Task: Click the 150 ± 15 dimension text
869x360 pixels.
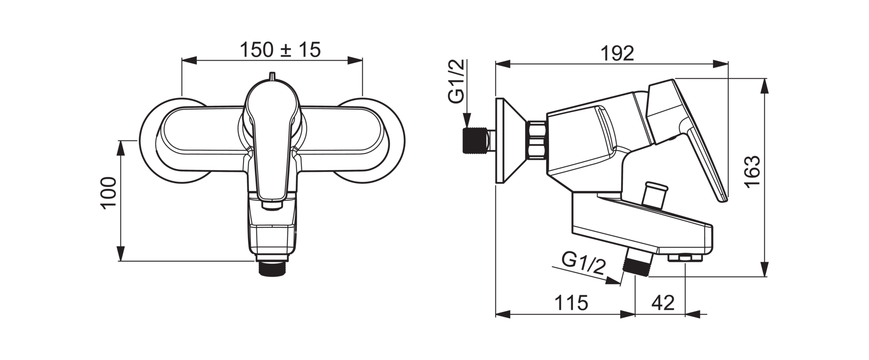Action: click(x=280, y=50)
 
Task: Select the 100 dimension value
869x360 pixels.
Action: click(x=109, y=192)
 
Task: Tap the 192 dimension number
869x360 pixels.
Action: click(x=617, y=53)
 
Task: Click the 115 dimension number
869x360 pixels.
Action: click(x=571, y=302)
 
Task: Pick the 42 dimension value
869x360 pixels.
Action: click(x=663, y=302)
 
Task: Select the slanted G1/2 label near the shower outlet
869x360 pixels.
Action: click(x=583, y=264)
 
